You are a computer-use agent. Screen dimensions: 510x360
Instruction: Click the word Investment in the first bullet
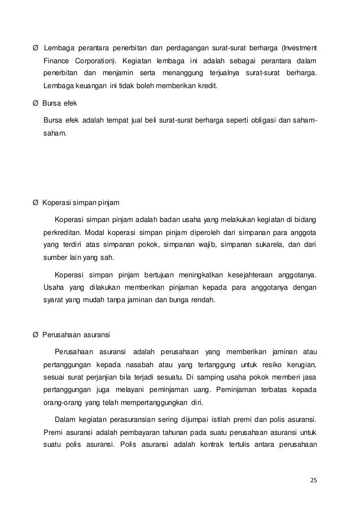click(x=300, y=46)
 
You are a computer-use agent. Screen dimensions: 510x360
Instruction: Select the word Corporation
click(x=94, y=60)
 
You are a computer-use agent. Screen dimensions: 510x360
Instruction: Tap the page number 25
click(x=314, y=480)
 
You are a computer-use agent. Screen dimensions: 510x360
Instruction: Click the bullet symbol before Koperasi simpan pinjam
click(x=36, y=202)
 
